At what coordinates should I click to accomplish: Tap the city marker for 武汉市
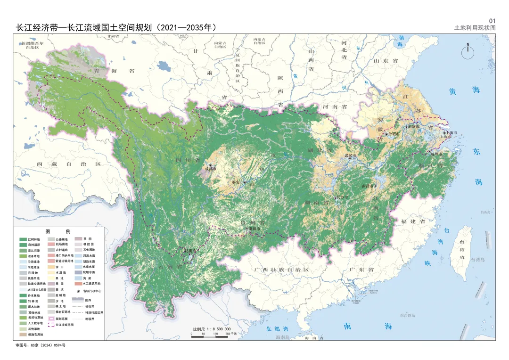pos(350,158)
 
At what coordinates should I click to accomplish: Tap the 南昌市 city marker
pos(376,186)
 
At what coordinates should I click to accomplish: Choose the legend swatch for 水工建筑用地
pos(77,284)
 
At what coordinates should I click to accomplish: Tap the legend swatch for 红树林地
pos(23,239)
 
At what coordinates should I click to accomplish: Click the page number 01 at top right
pos(492,21)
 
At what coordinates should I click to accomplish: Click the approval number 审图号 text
pos(40,345)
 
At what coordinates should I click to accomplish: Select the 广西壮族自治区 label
pos(281,270)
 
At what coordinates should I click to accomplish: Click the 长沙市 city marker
pos(335,197)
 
